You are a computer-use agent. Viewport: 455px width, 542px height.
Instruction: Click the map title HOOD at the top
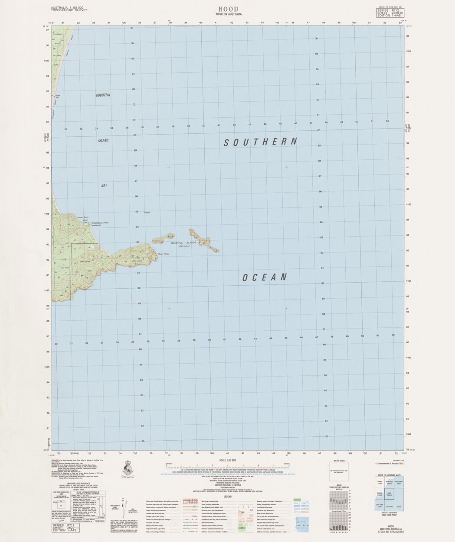tap(228, 9)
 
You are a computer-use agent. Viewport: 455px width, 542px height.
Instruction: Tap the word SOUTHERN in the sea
tap(261, 142)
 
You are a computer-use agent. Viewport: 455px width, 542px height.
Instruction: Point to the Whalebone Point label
tap(100, 223)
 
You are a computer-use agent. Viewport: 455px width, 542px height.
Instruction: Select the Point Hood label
tap(164, 254)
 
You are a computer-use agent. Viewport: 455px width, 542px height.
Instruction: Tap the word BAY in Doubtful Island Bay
tap(104, 185)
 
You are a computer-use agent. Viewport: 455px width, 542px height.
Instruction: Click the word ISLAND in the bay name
tap(103, 140)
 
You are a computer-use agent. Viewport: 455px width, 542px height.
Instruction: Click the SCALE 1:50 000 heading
tap(227, 460)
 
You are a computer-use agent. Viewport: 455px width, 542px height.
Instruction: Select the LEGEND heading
tap(227, 497)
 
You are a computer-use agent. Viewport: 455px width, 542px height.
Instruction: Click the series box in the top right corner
tap(387, 12)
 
